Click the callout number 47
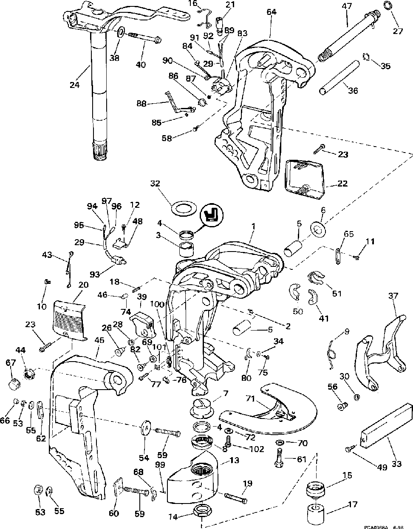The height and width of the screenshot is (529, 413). pyautogui.click(x=347, y=6)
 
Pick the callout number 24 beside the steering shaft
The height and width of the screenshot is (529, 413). pyautogui.click(x=75, y=85)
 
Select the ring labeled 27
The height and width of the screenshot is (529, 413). pyautogui.click(x=387, y=6)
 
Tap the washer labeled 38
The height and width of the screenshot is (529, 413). pyautogui.click(x=120, y=32)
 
